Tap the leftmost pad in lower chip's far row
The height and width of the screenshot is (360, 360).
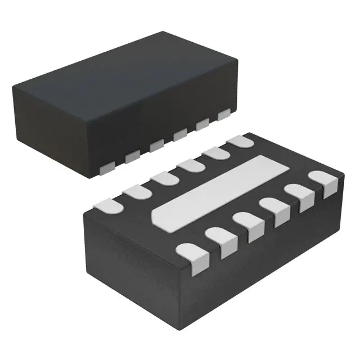[110, 206]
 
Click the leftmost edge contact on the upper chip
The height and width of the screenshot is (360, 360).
[105, 166]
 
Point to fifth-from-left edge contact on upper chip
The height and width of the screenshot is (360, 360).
[202, 124]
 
